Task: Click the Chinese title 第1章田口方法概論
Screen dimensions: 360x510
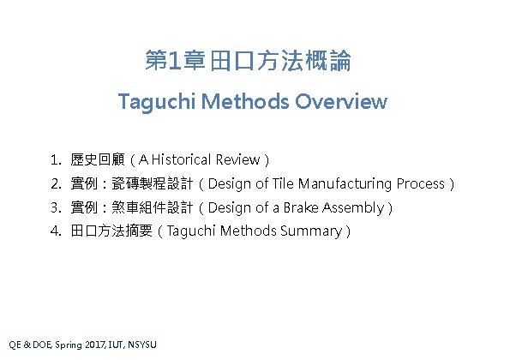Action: (249, 62)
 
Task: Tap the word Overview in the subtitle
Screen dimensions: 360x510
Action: (341, 102)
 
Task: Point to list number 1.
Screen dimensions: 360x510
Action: (55, 159)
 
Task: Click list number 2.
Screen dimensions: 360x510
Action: (55, 183)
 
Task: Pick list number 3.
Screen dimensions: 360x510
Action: (55, 207)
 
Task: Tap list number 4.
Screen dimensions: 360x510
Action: (55, 231)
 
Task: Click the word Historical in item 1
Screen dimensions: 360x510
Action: (183, 159)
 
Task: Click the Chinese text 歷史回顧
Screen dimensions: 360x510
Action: (98, 159)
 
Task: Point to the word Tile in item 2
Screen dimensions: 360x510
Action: (283, 183)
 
